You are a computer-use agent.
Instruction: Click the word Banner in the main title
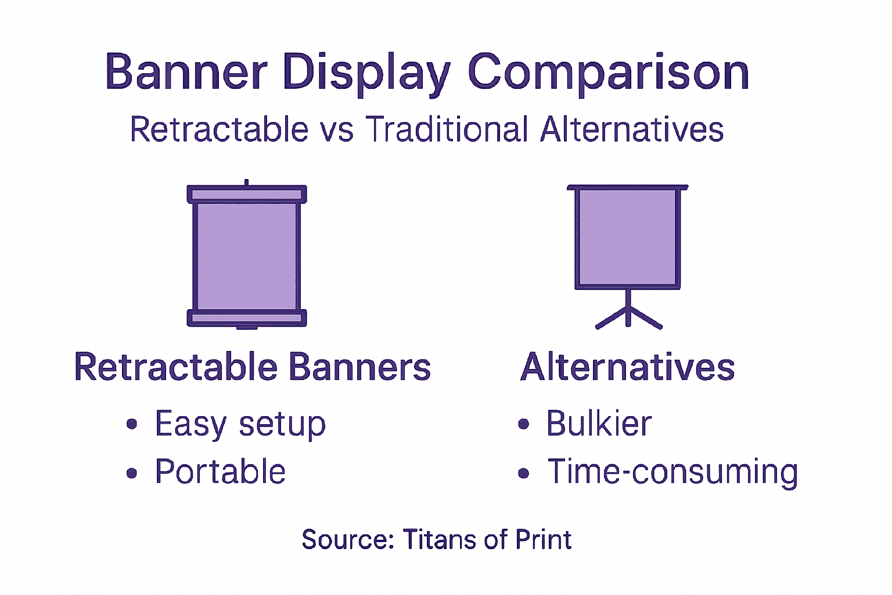186,72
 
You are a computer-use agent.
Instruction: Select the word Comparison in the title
608,73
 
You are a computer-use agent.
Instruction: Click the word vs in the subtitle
336,130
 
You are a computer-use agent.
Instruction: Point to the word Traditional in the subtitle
447,129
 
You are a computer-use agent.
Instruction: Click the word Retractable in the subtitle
219,129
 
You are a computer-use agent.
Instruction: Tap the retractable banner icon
247,256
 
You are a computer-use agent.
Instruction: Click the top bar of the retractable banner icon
247,194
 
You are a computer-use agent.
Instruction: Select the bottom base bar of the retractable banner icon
247,318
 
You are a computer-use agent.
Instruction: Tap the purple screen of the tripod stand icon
628,238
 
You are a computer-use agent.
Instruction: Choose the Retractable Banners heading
253,367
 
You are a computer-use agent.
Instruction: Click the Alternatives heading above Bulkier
628,367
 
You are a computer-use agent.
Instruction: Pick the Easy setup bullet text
240,424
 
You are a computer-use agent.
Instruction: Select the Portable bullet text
220,471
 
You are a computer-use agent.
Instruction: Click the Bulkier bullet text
599,424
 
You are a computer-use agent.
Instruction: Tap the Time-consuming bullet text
672,471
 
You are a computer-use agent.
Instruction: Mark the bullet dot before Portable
132,473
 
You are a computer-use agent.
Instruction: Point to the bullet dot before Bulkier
524,425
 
